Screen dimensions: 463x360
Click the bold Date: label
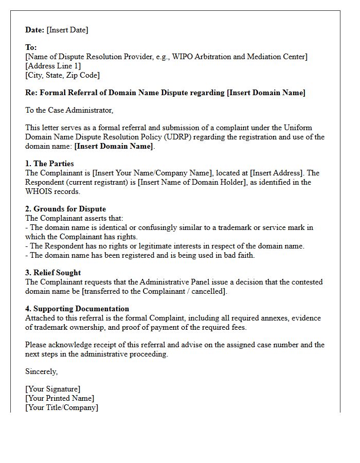(x=35, y=30)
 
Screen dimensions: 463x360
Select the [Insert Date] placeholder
(x=67, y=30)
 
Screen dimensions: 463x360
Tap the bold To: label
(x=31, y=47)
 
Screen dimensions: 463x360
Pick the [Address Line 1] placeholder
(x=53, y=66)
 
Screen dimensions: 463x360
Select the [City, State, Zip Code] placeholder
(x=62, y=75)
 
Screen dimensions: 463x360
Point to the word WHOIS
(x=39, y=191)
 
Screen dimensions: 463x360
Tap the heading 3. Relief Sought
(x=53, y=273)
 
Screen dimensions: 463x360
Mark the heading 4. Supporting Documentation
(x=77, y=309)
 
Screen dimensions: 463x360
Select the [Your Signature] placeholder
(x=53, y=389)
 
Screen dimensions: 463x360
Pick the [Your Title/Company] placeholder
(x=62, y=407)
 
